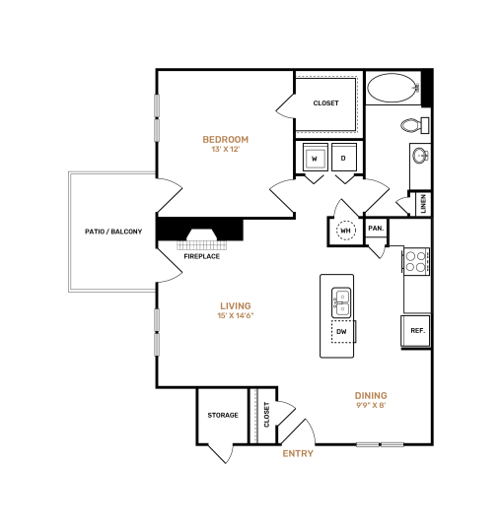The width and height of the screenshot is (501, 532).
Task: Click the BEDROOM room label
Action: [x=225, y=139]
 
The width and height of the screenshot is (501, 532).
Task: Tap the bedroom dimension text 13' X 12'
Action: [x=225, y=150]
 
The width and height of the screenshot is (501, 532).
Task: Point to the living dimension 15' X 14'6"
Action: [x=235, y=316]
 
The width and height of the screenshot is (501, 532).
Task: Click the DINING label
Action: [x=371, y=396]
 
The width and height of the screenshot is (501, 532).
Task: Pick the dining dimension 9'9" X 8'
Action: [x=371, y=407]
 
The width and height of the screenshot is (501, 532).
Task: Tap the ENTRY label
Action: [x=298, y=453]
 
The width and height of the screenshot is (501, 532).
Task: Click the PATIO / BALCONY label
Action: [x=113, y=233]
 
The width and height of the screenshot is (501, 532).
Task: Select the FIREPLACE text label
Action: [x=201, y=256]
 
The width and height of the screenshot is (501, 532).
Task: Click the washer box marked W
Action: [x=314, y=158]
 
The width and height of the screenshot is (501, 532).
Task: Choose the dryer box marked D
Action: [x=343, y=158]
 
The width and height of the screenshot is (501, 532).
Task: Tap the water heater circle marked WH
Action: [x=346, y=231]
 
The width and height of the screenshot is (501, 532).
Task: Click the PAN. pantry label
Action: [x=376, y=229]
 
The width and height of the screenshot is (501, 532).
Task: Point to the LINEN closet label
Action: [x=423, y=204]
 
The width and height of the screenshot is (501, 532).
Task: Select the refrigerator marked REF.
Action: [x=417, y=331]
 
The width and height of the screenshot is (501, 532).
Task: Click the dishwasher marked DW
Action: [x=341, y=332]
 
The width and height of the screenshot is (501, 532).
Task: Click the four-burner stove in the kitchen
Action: [x=415, y=261]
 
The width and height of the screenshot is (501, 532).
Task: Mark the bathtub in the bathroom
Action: [x=393, y=90]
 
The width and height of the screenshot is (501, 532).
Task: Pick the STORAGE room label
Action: [x=222, y=415]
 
